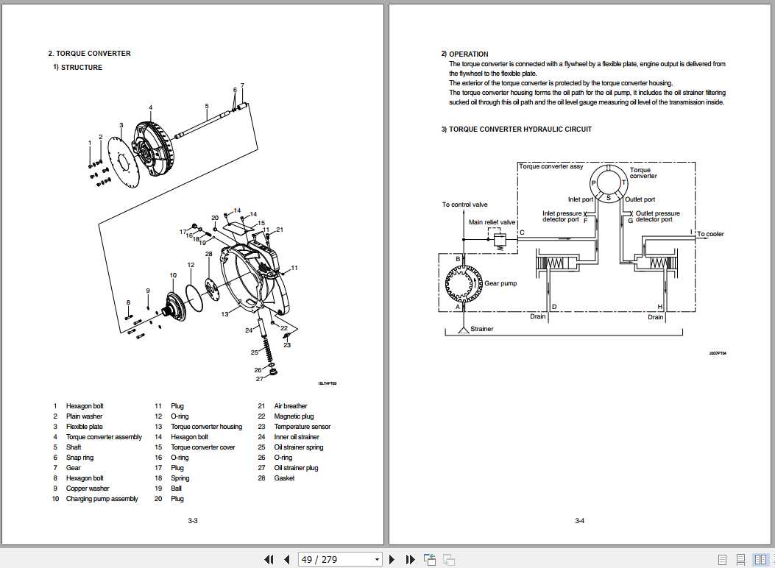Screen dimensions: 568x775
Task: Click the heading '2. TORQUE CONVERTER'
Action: coord(89,54)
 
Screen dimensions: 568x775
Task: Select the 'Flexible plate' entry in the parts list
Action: coord(85,427)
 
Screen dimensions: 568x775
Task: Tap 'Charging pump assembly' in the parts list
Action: coord(102,499)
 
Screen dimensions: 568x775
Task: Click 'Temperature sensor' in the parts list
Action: coord(302,427)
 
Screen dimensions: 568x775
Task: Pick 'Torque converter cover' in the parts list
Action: coord(203,447)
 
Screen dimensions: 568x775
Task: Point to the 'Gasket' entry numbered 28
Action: coord(284,478)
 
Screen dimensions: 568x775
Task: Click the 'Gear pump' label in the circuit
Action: coord(501,283)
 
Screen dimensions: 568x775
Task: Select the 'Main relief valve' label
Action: coord(492,222)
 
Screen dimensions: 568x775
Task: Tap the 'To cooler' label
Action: coord(710,234)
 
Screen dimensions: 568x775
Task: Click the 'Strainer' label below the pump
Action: coord(481,329)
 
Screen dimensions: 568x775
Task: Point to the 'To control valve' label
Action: coord(464,205)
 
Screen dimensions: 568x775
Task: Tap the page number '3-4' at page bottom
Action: coord(579,521)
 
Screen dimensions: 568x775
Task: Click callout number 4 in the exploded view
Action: coord(150,107)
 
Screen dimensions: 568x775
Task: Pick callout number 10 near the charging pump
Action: coord(173,275)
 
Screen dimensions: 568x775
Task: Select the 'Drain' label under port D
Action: coord(538,317)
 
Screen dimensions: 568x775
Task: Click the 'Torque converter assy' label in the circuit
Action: coord(551,167)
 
